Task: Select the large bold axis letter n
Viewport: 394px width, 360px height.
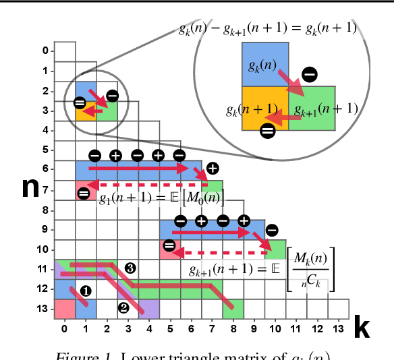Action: (x=31, y=187)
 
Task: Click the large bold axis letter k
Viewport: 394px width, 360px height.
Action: (x=362, y=327)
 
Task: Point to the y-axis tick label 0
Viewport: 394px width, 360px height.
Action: (x=45, y=51)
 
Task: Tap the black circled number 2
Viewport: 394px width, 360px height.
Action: (x=123, y=308)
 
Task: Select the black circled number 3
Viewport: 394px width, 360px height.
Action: (x=130, y=268)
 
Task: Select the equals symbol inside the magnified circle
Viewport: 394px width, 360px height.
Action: (x=267, y=131)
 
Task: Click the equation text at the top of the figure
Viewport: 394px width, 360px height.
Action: (x=267, y=28)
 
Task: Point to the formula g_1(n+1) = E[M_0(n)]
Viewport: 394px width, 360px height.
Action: (x=161, y=198)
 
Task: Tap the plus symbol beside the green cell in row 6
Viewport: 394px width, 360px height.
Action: (x=213, y=168)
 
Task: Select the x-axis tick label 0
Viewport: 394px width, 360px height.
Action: (x=64, y=329)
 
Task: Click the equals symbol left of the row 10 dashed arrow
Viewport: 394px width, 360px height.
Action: (x=169, y=245)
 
